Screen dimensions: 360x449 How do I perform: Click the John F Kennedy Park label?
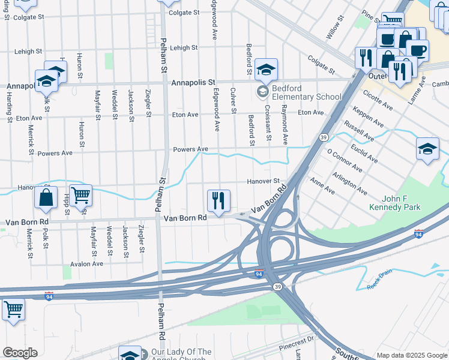point(401,203)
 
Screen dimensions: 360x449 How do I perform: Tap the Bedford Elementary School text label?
point(306,92)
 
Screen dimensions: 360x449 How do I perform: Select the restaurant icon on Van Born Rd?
point(218,201)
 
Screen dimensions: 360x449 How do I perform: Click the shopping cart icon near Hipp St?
point(80,195)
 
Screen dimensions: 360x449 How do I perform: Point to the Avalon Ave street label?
point(86,263)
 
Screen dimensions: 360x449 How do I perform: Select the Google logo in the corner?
point(20,353)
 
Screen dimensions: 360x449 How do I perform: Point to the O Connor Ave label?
point(341,160)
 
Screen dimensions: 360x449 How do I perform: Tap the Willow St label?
point(333,28)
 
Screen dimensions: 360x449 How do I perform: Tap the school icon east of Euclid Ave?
point(427,150)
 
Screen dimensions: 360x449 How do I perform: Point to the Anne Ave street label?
point(322,185)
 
